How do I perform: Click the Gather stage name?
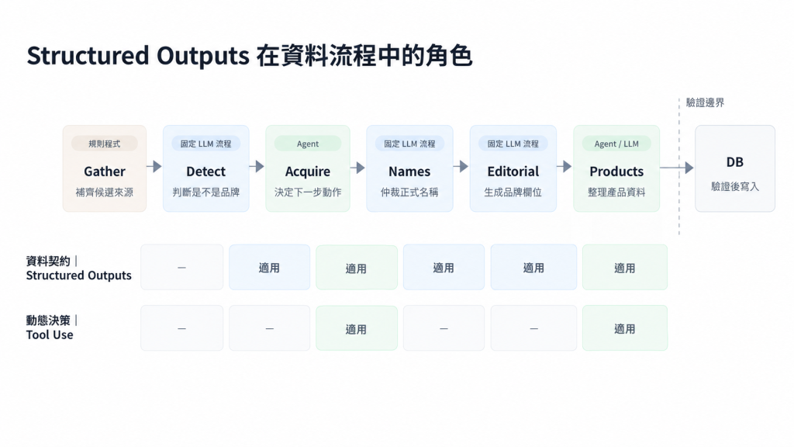pos(105,172)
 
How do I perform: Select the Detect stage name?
pos(205,172)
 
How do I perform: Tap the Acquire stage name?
pos(307,172)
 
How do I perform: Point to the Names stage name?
pos(409,172)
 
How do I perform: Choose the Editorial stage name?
pos(513,172)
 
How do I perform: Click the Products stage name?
pos(616,172)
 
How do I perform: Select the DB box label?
pos(735,162)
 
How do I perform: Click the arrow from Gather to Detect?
pos(154,166)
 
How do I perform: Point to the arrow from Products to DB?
pos(676,168)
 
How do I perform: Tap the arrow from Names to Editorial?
pos(461,166)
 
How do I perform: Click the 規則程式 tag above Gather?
pos(105,144)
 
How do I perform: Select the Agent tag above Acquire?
pos(307,144)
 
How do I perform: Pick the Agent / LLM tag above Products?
pos(616,144)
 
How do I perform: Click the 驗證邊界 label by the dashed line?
pos(705,102)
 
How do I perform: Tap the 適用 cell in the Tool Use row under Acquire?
pos(357,328)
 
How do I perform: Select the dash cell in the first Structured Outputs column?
pos(181,267)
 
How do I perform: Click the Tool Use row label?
pos(50,334)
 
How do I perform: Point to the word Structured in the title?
pos(88,55)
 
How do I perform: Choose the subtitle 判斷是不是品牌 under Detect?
pos(205,192)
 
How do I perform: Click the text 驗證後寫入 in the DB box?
pos(735,186)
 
